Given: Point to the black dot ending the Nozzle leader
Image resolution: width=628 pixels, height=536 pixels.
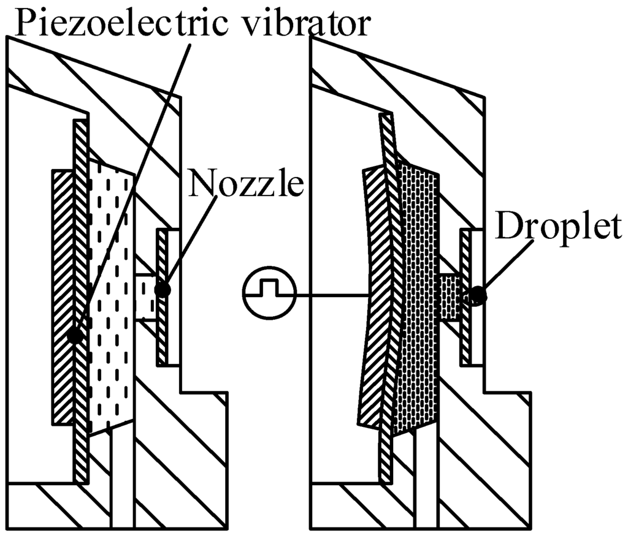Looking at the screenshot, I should tap(163, 290).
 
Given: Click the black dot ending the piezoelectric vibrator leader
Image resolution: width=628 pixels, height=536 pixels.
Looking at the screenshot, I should tap(75, 334).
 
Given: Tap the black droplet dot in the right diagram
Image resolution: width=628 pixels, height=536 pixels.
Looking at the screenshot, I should tap(478, 296).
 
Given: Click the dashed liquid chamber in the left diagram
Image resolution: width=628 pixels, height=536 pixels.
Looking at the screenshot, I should tap(110, 294).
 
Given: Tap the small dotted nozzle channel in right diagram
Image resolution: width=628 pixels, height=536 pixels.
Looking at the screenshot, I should tap(451, 297).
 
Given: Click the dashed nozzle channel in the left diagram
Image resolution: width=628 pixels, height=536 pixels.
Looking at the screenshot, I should tap(145, 296).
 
